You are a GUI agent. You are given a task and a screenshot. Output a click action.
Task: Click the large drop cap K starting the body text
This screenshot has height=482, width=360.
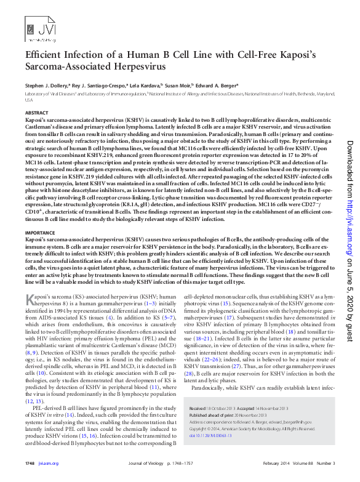28,300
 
